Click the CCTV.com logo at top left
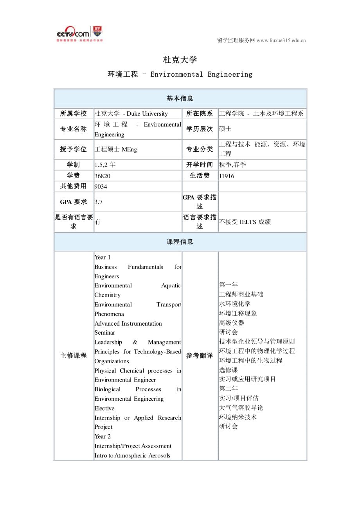(x=79, y=34)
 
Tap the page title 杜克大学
(x=180, y=60)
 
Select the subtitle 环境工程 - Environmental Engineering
(x=180, y=74)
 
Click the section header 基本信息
(x=180, y=99)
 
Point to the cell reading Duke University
(x=131, y=114)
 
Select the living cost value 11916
(x=227, y=176)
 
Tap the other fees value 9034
(x=101, y=186)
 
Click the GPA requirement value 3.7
(x=99, y=202)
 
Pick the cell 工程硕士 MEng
(x=116, y=149)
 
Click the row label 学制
(x=74, y=165)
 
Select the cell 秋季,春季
(x=233, y=165)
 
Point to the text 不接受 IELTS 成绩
(x=245, y=222)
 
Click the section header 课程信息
(x=180, y=242)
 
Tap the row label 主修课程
(x=74, y=356)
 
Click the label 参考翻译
(x=200, y=356)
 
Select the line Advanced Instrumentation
(x=128, y=324)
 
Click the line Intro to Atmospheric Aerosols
(x=132, y=455)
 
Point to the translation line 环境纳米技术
(x=238, y=417)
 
